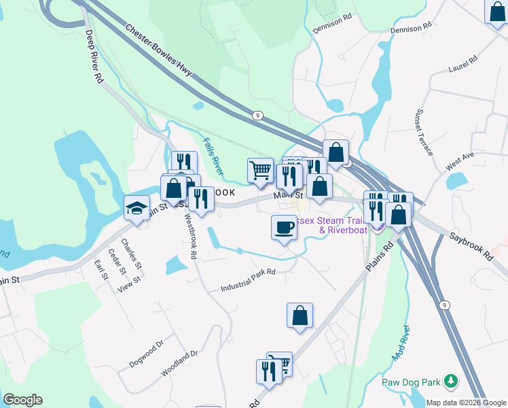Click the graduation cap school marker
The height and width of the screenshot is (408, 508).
pos(137,207)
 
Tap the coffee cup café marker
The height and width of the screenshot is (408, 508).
pos(284,226)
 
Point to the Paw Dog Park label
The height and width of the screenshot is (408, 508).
pos(412,382)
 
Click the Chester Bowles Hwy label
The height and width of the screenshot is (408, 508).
pos(159,49)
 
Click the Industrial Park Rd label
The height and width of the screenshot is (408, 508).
pos(248,279)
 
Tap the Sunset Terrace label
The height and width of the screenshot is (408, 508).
pos(424,131)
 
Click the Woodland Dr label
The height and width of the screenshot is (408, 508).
pos(179,364)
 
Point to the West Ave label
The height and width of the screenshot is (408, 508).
pos(460,160)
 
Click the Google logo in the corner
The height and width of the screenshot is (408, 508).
pos(22,400)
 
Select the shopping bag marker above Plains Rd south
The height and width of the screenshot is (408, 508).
pos(300,316)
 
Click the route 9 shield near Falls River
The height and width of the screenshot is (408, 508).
pos(257,116)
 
